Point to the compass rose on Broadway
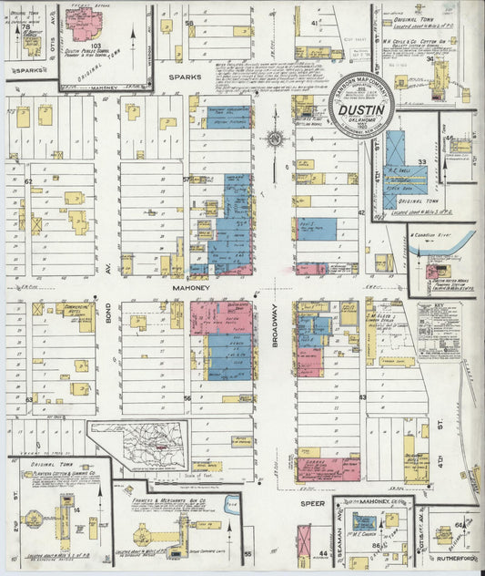pos(276,139)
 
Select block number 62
pos(29,181)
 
